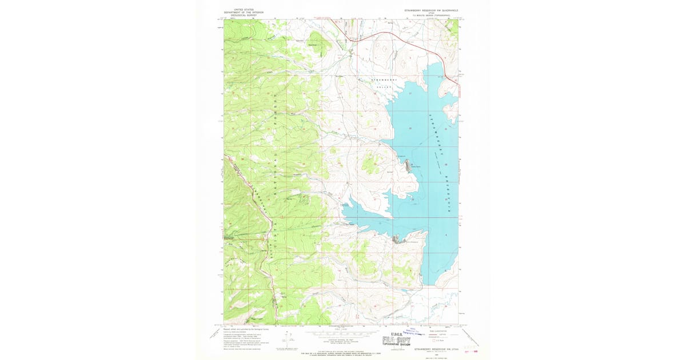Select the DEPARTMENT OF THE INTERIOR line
(238, 13)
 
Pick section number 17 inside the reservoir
(410, 93)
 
